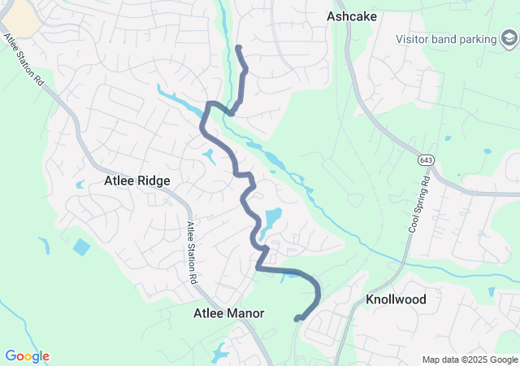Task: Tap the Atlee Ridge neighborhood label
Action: [137, 181]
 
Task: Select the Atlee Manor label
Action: [229, 312]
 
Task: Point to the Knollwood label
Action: [396, 299]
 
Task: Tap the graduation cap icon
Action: [509, 39]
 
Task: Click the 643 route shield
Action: [426, 160]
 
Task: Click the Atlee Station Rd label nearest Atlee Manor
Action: [193, 252]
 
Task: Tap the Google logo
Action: [27, 356]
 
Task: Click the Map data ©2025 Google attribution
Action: [470, 359]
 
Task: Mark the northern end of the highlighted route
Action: [238, 49]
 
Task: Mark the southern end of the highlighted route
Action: [297, 319]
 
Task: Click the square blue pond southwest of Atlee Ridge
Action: [81, 246]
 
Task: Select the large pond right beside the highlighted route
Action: [271, 219]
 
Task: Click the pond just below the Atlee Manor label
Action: [220, 353]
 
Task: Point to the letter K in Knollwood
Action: [370, 299]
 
